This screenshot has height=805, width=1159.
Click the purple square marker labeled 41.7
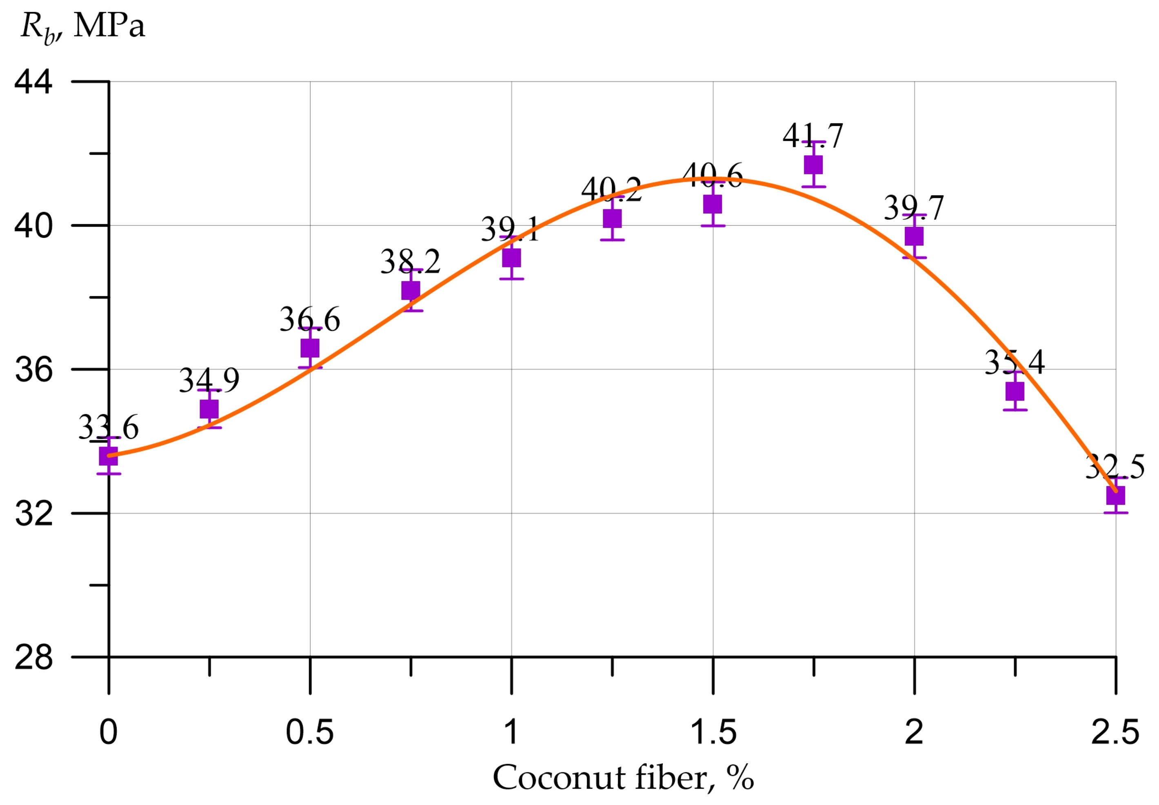click(x=813, y=165)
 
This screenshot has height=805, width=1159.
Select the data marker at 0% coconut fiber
click(x=109, y=456)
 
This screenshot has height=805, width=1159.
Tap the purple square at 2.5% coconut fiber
click(x=1115, y=495)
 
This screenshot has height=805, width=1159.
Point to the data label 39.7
click(x=913, y=207)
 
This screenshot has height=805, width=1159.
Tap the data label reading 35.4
click(x=1014, y=362)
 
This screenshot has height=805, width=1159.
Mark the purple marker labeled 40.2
click(x=612, y=218)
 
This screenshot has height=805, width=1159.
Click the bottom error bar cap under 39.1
click(x=511, y=279)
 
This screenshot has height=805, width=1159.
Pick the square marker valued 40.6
click(x=713, y=204)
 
